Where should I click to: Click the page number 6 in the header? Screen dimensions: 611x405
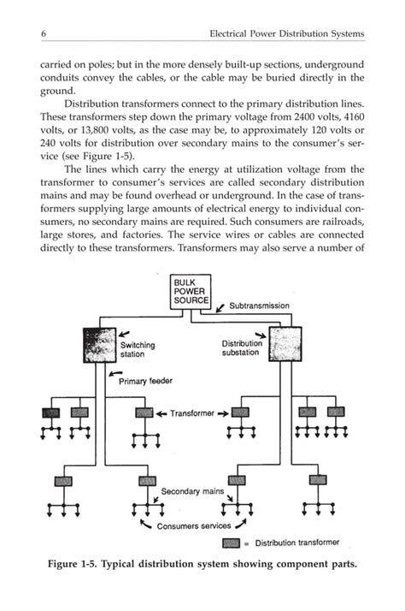pyautogui.click(x=41, y=33)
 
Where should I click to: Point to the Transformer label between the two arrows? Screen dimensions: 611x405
pyautogui.click(x=193, y=413)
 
